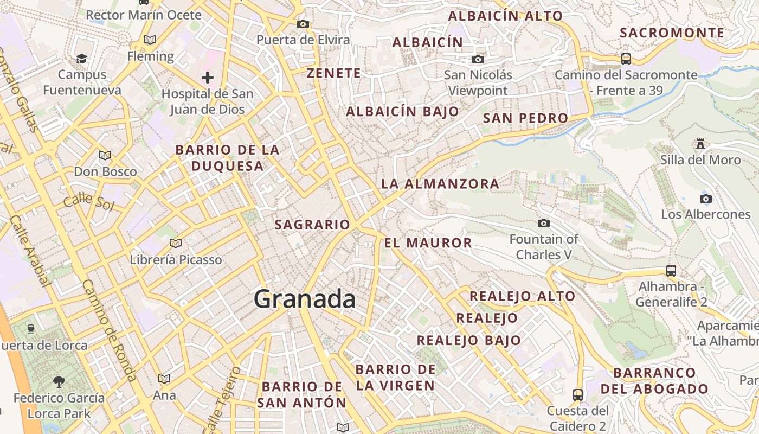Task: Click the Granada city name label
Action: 305,299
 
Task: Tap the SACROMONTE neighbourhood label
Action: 672,33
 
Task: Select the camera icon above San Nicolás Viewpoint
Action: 478,59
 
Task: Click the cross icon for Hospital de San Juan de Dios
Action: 207,78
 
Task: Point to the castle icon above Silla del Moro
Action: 700,144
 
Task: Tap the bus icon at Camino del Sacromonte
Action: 626,59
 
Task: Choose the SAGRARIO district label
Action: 312,224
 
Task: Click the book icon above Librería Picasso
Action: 175,243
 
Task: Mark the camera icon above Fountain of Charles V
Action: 543,223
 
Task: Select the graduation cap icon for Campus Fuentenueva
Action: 81,58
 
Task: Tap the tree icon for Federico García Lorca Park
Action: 59,381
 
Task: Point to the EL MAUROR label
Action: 428,242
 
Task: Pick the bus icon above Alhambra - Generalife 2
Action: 671,270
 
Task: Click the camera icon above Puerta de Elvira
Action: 303,24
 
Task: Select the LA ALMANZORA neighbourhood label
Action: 440,183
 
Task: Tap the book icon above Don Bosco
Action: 105,155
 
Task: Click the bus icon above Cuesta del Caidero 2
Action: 578,394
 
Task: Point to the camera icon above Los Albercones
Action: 705,198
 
